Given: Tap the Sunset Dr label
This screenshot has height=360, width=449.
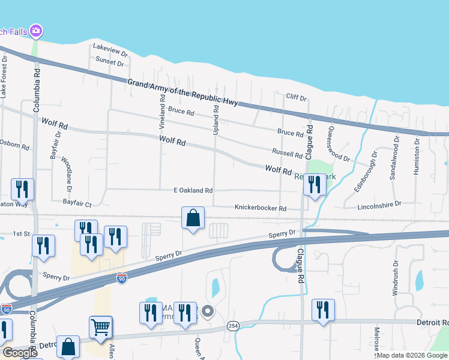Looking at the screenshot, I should [110, 61].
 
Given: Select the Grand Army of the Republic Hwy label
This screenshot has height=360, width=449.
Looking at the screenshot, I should [183, 92].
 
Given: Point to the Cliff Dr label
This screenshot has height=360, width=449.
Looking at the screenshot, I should [296, 97].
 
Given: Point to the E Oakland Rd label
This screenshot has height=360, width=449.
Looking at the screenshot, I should [193, 191].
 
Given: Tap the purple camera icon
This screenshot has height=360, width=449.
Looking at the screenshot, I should [36, 30].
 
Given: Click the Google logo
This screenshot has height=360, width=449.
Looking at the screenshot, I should [20, 353].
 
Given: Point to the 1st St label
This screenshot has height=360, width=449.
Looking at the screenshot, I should [22, 234].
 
